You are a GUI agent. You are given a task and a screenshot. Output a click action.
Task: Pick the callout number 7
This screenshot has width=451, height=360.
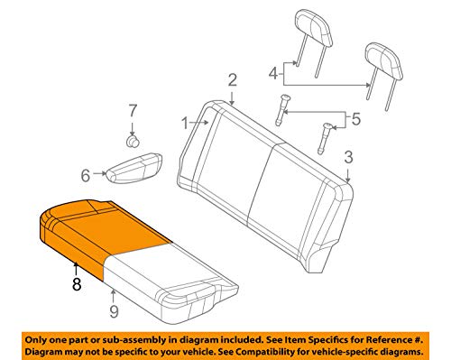[x=133, y=110]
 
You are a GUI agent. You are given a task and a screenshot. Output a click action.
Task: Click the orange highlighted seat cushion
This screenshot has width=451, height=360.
[x=99, y=230]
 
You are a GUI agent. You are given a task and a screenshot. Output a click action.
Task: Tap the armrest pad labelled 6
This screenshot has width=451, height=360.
[x=131, y=168]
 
